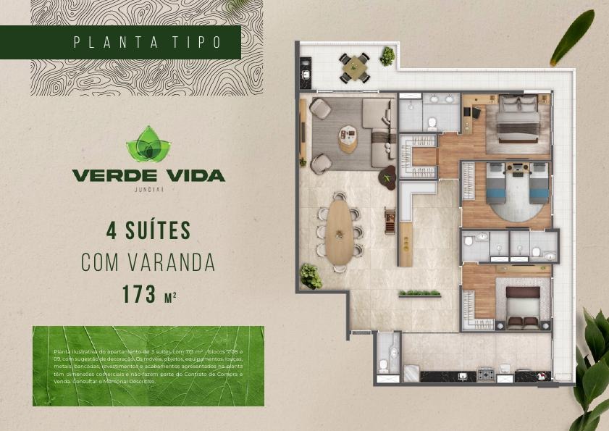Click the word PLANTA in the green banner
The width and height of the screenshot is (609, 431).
122,42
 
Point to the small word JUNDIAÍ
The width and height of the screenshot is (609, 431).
148,190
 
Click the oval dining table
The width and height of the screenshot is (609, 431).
338,230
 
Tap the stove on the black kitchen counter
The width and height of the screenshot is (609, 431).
485,374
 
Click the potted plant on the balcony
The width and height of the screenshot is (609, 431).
388,55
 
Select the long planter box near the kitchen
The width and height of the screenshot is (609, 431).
419,294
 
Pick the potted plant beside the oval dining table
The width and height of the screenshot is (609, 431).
311,276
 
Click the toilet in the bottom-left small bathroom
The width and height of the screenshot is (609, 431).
394,353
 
